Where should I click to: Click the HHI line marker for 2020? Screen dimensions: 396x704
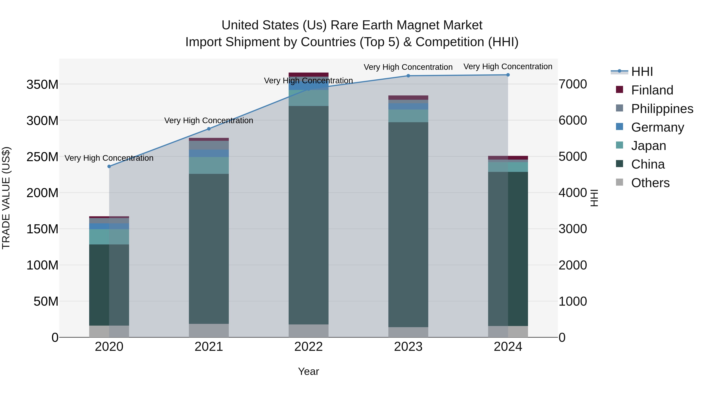click(109, 166)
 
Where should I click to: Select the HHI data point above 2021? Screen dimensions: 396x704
click(209, 129)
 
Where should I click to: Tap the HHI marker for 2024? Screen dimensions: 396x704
click(508, 75)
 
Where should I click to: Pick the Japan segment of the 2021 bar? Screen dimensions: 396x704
click(209, 165)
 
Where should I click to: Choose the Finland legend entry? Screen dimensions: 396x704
click(652, 90)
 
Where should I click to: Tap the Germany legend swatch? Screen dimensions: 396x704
click(620, 127)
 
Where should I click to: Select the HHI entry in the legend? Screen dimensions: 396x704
click(642, 72)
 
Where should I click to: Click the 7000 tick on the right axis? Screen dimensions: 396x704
click(573, 84)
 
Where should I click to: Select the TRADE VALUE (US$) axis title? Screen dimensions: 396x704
click(6, 198)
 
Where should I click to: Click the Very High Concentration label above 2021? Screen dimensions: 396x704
click(209, 120)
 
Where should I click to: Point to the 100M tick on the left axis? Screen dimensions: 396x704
click(42, 265)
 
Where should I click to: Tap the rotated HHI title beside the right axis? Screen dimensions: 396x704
click(594, 198)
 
